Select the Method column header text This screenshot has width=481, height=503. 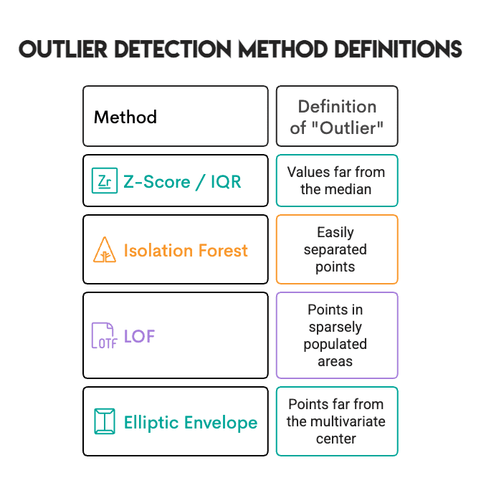click(x=125, y=117)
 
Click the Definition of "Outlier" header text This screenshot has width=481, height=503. click(x=337, y=117)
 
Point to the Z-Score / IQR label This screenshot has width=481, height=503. click(x=182, y=181)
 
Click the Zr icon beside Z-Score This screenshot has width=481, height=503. click(x=105, y=181)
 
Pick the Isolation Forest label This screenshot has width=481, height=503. click(x=186, y=250)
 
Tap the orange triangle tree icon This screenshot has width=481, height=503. click(x=105, y=250)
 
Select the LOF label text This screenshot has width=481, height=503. click(x=139, y=335)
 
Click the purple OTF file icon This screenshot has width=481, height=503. click(x=104, y=335)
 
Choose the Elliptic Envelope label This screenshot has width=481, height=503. click(x=190, y=422)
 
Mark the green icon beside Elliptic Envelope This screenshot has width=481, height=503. click(x=105, y=421)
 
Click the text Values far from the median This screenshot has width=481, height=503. click(x=336, y=181)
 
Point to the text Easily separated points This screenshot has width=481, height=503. click(x=335, y=249)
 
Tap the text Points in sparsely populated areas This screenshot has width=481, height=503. click(x=335, y=335)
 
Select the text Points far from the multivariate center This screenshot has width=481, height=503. click(x=336, y=421)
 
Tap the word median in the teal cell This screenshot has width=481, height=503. click(x=347, y=190)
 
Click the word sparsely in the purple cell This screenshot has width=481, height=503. click(x=335, y=327)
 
